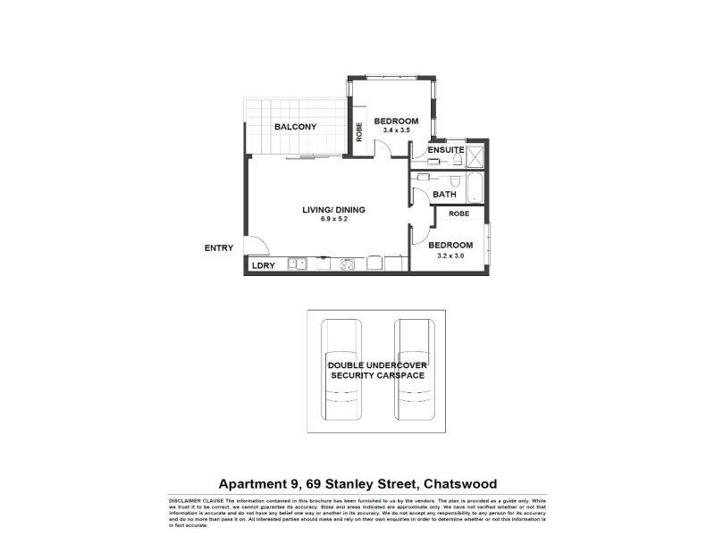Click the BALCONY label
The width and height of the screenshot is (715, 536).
pos(295,127)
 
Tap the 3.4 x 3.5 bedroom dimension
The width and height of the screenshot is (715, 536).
pos(396,131)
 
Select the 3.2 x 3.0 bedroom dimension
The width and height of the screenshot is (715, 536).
pos(450,255)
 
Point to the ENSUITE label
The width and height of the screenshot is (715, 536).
pos(445,149)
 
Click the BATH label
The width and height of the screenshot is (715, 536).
pos(444,194)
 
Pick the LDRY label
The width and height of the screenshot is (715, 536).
pos(263,265)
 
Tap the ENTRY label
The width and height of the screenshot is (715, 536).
pos(219,248)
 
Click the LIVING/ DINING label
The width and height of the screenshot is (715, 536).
pos(333,210)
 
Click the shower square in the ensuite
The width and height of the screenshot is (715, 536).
pos(475,157)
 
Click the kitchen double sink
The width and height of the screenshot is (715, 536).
pos(297,264)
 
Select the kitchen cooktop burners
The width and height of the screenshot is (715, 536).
pos(349,264)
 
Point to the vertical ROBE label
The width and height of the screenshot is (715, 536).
pos(359,132)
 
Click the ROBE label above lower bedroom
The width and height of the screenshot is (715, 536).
pos(459,214)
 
